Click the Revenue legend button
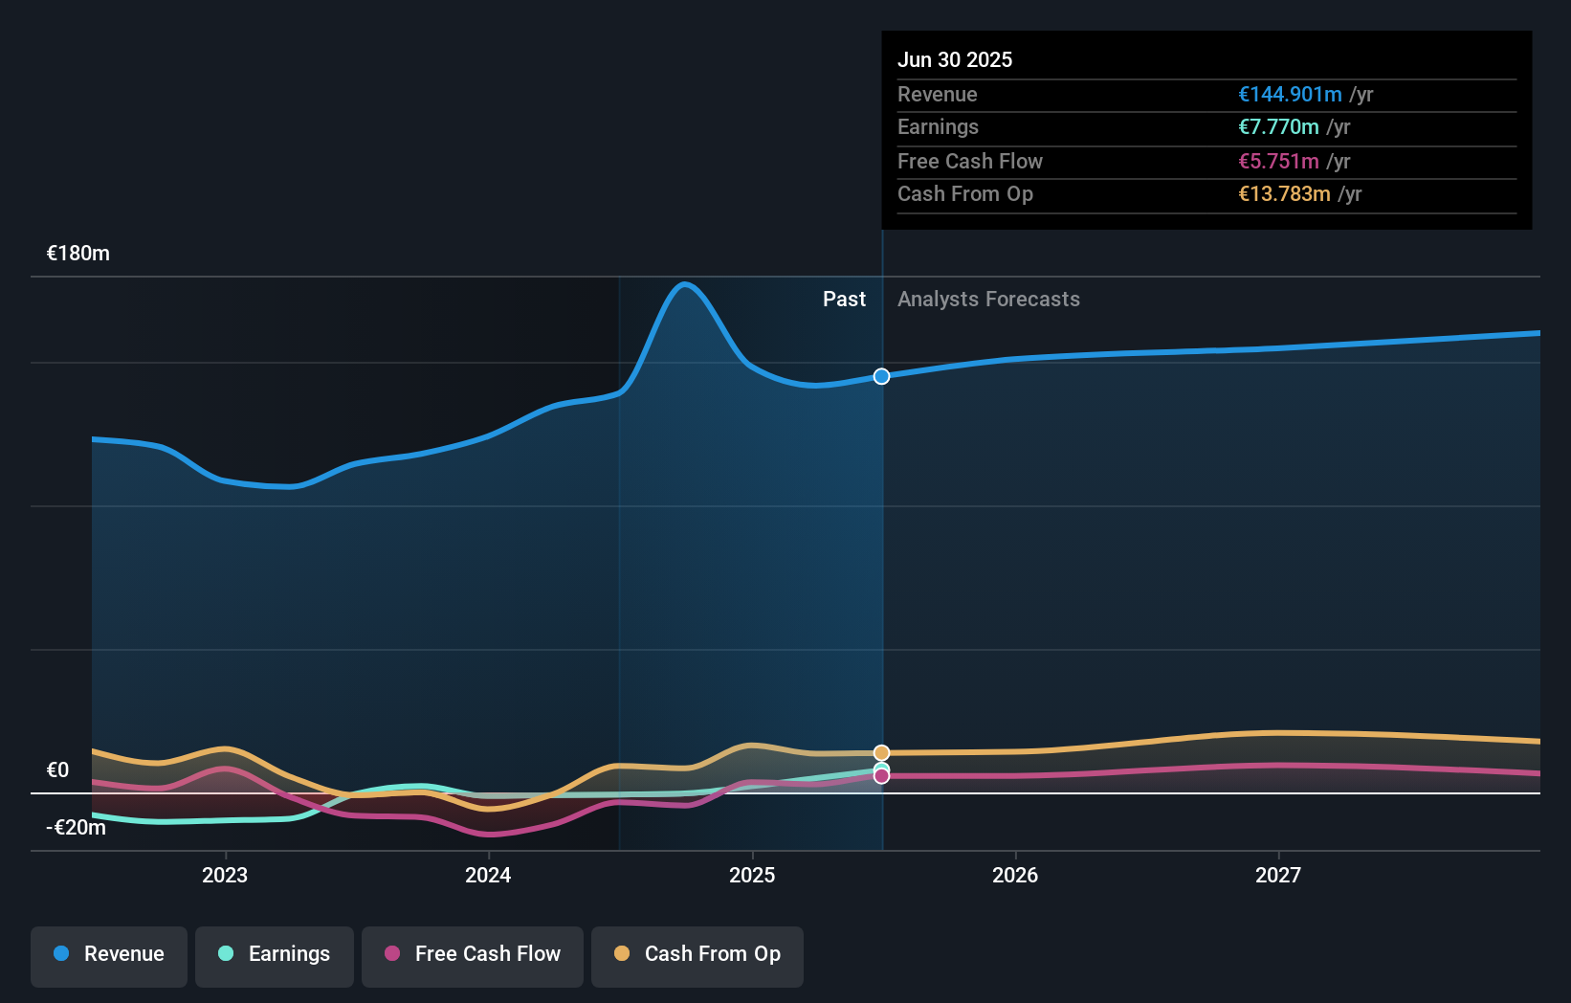coord(109,954)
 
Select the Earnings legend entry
coord(275,954)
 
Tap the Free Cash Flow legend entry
coord(473,954)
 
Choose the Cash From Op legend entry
coord(697,954)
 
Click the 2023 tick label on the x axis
coord(225,875)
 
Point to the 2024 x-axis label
coord(488,875)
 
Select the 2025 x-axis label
coord(752,875)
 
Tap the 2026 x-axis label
coord(1015,875)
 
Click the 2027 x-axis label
coord(1278,875)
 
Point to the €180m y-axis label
coord(78,254)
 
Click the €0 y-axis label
coord(57,770)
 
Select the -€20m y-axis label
coord(77,828)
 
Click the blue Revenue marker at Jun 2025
coord(881,376)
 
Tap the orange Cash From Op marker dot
coord(881,753)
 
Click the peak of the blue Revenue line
coord(684,284)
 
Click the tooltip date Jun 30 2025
coord(955,59)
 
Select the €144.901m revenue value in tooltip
coord(1290,94)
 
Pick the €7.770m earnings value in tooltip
coord(1278,127)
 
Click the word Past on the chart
coord(844,300)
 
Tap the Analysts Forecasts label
coord(988,300)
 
